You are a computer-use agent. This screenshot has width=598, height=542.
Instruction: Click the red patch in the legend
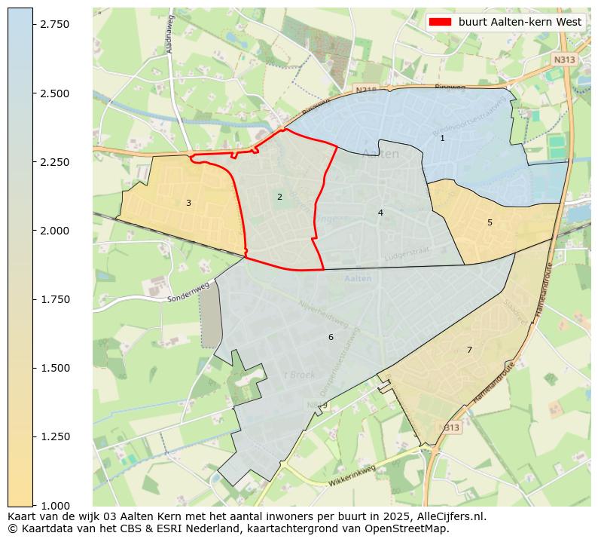440,22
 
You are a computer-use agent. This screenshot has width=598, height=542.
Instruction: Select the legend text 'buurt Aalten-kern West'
520,22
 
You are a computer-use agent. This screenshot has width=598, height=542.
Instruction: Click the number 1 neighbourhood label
442,138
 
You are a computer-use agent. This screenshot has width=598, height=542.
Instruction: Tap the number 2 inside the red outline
279,197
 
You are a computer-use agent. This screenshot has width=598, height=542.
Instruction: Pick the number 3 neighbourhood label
188,203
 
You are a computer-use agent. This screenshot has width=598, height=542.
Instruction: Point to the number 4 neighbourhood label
380,213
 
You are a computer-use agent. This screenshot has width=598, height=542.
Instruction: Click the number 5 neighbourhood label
490,222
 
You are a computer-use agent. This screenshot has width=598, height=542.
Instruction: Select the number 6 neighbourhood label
330,337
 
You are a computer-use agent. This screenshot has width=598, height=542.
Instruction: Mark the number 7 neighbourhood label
469,350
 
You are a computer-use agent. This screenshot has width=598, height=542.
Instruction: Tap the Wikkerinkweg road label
351,476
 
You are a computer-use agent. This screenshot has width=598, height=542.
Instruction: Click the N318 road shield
366,90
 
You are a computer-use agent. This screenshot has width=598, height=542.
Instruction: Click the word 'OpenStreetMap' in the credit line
410,528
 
